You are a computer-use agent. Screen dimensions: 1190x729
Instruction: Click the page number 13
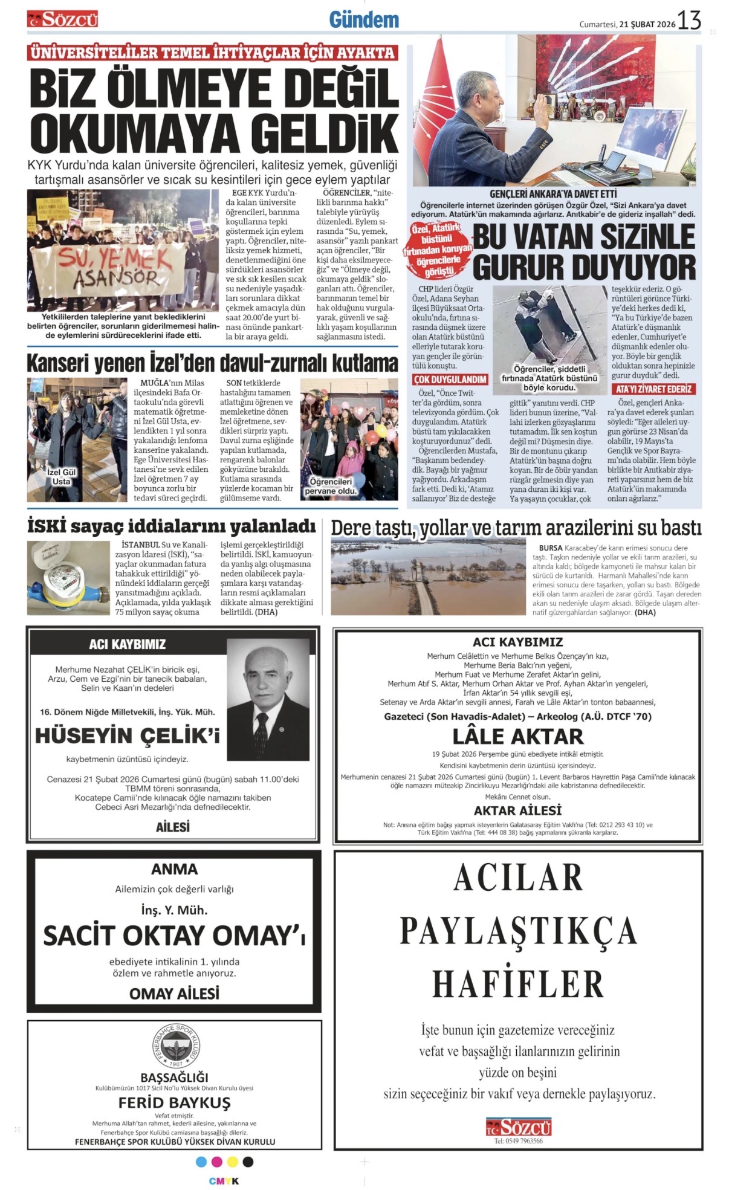[688, 21]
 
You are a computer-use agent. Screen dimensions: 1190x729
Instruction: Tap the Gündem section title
[364, 20]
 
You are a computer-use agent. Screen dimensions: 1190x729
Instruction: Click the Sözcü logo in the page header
[63, 20]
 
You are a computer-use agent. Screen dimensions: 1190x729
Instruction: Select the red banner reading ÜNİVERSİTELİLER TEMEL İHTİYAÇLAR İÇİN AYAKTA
[212, 53]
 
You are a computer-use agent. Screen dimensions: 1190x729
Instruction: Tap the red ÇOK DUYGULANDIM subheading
[450, 380]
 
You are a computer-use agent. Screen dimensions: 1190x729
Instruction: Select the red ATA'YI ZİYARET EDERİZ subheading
[653, 389]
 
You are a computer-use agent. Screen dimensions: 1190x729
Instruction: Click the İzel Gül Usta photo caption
[61, 477]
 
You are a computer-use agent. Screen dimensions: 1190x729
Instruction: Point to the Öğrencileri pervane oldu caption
[330, 486]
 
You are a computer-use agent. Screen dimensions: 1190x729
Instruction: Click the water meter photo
[68, 577]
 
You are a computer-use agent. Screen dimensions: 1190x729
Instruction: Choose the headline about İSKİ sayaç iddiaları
[172, 526]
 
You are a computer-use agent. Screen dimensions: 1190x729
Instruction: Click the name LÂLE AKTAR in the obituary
[518, 736]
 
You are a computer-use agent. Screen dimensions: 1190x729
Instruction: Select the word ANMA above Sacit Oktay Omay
[174, 869]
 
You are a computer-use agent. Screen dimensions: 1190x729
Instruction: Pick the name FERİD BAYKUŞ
[174, 1102]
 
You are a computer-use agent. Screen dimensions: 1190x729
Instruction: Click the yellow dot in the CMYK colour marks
[232, 1162]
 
